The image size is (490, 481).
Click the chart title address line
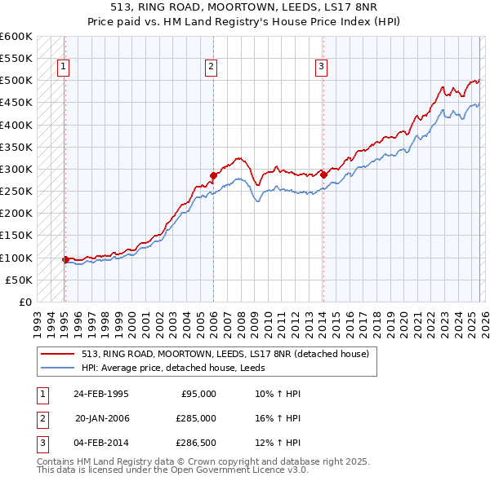tap(244, 7)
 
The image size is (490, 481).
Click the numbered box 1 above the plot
tap(64, 68)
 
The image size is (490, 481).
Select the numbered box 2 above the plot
tap(211, 68)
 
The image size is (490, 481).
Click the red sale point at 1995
tap(65, 259)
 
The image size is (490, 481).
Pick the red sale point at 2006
tap(213, 174)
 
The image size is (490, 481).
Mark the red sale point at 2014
tap(323, 174)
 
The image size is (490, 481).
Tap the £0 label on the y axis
tap(24, 302)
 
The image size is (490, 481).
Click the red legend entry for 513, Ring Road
tap(225, 354)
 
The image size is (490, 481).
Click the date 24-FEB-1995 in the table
tap(100, 393)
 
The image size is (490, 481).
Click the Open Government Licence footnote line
tap(173, 470)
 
